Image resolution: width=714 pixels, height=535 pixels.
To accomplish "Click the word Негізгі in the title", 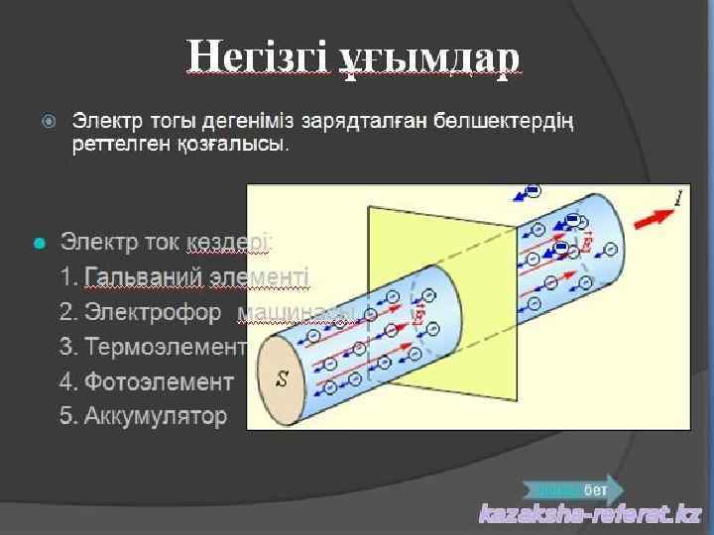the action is coord(256,58).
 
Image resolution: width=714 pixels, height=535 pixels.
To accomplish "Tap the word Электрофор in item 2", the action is coord(154,312).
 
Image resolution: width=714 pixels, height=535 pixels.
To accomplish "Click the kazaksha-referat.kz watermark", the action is coord(591,514).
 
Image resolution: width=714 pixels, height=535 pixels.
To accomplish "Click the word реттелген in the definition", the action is coord(119,145).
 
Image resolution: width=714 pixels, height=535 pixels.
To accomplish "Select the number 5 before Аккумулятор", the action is coord(65,415).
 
